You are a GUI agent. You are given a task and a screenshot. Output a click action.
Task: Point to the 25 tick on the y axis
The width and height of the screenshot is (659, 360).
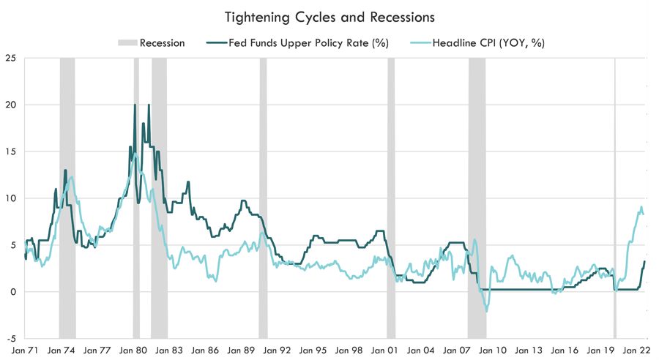coord(11,58)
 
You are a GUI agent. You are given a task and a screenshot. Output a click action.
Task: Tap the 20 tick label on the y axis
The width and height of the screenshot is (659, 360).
coord(11,105)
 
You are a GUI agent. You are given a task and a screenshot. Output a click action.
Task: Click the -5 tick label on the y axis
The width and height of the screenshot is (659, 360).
coord(11,339)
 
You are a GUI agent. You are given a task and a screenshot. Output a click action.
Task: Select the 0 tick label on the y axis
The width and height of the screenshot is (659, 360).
coord(13,292)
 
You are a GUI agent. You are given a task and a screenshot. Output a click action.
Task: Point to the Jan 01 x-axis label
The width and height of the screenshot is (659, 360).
coord(385,350)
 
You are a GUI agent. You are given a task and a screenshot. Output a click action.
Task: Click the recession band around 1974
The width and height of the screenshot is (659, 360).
coord(67,198)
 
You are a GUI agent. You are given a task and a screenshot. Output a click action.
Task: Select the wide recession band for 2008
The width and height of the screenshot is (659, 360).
coord(477,198)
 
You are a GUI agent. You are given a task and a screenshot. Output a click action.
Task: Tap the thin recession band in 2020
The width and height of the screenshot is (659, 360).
coord(614,198)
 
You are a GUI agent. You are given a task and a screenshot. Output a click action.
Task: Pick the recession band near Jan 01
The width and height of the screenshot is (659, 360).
coord(391,198)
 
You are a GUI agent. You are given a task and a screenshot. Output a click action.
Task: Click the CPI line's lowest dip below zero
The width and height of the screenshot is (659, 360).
coord(486,312)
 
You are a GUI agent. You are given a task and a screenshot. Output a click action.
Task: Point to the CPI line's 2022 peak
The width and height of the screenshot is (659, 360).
coord(641,207)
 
